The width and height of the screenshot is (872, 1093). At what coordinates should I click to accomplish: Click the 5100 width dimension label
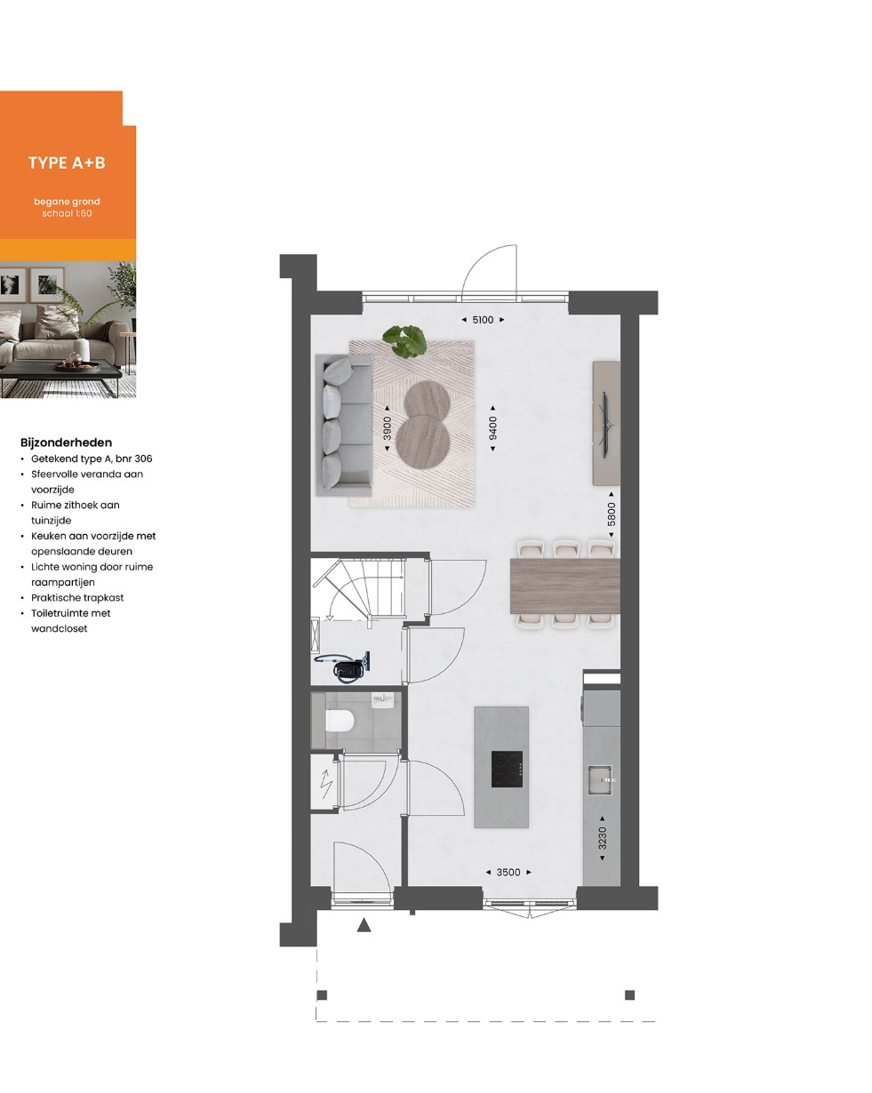click(x=483, y=320)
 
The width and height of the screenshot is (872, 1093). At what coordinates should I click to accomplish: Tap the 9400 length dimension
click(x=492, y=428)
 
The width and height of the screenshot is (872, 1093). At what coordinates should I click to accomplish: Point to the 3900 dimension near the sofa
click(x=387, y=428)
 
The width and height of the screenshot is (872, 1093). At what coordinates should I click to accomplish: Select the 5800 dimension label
click(x=611, y=514)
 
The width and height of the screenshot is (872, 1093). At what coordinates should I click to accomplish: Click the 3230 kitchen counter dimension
click(x=602, y=838)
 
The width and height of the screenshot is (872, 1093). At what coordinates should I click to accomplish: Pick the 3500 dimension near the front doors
click(x=508, y=872)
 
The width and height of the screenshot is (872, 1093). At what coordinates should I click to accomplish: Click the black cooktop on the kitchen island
click(x=507, y=769)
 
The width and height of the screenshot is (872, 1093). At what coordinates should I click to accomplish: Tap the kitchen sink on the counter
click(x=601, y=779)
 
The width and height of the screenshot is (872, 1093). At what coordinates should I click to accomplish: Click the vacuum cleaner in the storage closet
click(x=343, y=666)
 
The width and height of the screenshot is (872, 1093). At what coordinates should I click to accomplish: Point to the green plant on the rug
click(x=404, y=340)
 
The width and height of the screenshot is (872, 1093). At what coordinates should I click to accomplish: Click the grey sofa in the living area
click(x=344, y=425)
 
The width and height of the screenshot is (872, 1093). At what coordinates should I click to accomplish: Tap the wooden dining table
click(x=564, y=586)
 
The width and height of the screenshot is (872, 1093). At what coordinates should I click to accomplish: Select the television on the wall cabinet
click(x=605, y=425)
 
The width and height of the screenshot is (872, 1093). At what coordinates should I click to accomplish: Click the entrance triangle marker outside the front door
click(x=364, y=925)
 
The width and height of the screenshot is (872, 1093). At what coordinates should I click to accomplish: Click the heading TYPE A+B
click(x=67, y=163)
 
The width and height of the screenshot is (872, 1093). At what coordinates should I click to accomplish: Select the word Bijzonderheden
click(x=66, y=443)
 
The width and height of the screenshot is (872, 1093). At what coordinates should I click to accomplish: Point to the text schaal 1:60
click(x=67, y=213)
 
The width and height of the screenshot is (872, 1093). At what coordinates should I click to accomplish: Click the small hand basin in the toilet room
click(x=381, y=700)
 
